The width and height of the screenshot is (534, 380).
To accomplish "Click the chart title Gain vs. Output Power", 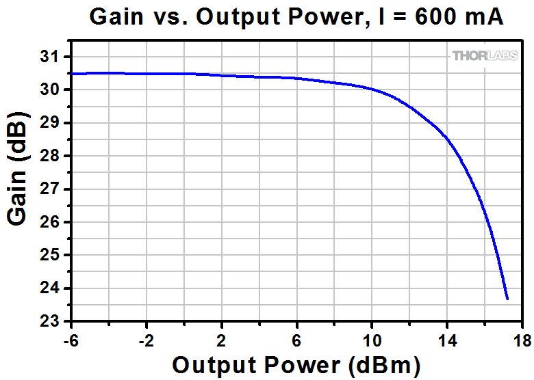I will pos(296,17).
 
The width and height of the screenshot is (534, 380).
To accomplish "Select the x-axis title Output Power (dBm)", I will pos(296,365).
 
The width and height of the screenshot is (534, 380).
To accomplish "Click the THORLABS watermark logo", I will pos(485,56).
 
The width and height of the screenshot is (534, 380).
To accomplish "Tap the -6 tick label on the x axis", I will pos(70,340).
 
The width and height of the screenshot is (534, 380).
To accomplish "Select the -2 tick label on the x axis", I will pos(145,340).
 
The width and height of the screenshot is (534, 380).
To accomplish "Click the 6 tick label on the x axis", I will pos(297,340).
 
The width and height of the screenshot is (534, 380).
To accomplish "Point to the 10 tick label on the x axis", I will pos(372,340).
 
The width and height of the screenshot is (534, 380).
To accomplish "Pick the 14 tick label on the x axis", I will pos(447,340).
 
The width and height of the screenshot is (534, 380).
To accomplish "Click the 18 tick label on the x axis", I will pos(522,340).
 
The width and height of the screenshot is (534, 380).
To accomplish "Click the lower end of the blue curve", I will pos(507,298).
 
